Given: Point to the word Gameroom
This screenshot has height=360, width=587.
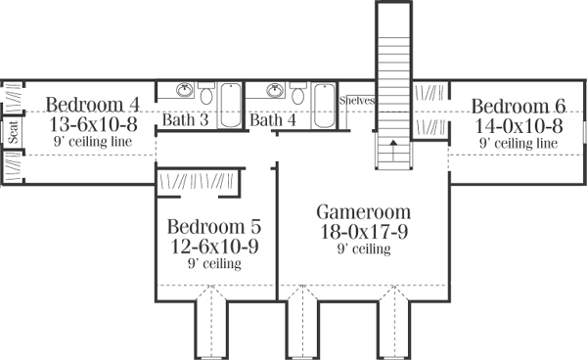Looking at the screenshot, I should click(x=364, y=212).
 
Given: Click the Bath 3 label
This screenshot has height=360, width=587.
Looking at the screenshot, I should click(x=185, y=121).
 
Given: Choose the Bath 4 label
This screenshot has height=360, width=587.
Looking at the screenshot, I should click(x=273, y=121).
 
